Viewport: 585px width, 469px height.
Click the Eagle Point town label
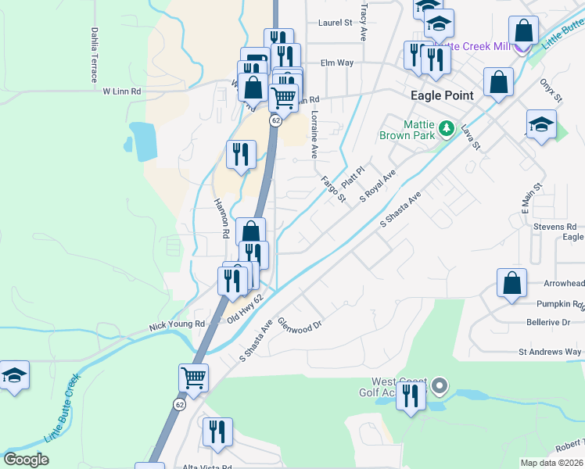pyautogui.click(x=442, y=95)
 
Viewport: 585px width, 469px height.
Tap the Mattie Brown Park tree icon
pyautogui.click(x=446, y=127)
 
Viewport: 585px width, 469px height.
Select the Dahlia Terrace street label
pyautogui.click(x=95, y=55)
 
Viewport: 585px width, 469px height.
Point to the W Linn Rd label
pyautogui.click(x=122, y=91)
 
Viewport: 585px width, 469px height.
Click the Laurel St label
pyautogui.click(x=335, y=23)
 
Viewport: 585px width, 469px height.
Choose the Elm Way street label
pyautogui.click(x=337, y=63)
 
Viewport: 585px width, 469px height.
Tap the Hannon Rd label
pyautogui.click(x=221, y=218)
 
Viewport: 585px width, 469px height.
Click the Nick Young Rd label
pyautogui.click(x=177, y=323)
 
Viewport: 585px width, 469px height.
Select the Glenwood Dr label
pyautogui.click(x=300, y=322)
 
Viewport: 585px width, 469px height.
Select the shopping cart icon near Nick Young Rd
pyautogui.click(x=193, y=378)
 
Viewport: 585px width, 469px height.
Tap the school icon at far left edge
pyautogui.click(x=13, y=376)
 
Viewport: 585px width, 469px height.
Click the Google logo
pyautogui.click(x=27, y=460)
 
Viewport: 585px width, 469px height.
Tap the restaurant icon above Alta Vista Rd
pyautogui.click(x=217, y=431)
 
